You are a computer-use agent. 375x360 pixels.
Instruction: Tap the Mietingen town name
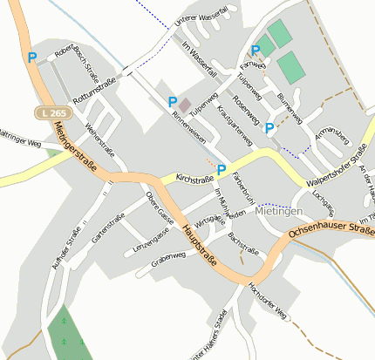coord(281,212)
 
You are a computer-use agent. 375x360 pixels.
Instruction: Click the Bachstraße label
coord(243,242)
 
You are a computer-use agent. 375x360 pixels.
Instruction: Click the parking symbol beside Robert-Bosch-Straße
coord(32,58)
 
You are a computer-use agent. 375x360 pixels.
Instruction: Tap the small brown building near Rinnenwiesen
coord(185,105)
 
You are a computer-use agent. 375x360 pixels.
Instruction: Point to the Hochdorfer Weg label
coord(267,301)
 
